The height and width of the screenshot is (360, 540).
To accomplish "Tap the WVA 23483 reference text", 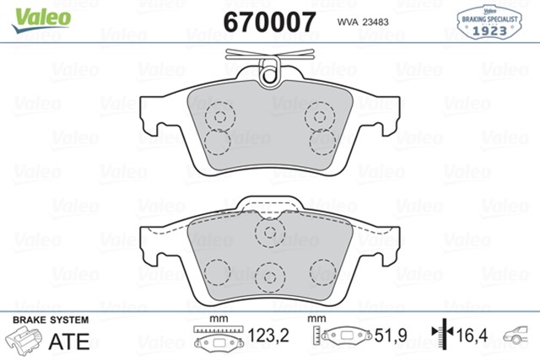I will (370, 21).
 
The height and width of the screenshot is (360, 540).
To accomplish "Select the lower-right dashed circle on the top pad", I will (321, 142).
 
